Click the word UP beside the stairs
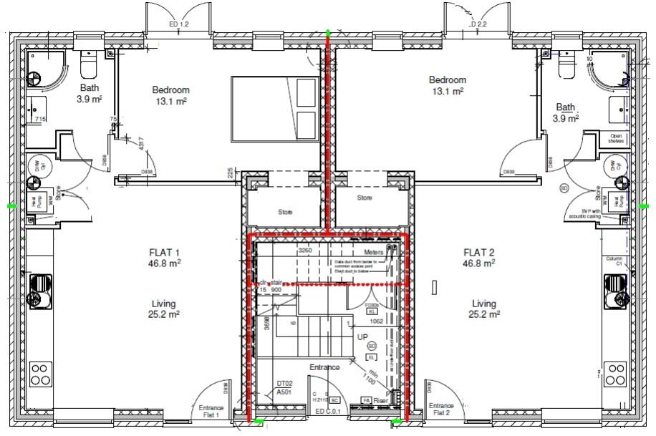click(x=363, y=336)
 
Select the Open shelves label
click(x=616, y=138)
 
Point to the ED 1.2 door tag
click(x=178, y=24)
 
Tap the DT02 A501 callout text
click(x=284, y=387)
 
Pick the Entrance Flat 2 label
click(x=442, y=409)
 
